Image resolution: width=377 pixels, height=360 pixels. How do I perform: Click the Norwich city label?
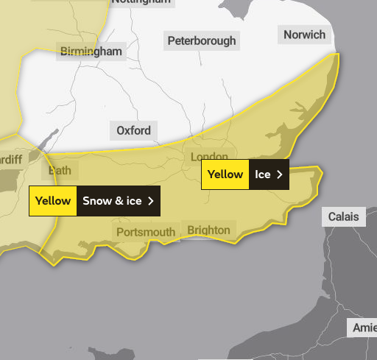pyautogui.click(x=304, y=35)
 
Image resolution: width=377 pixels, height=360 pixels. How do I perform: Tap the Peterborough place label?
pyautogui.click(x=202, y=40)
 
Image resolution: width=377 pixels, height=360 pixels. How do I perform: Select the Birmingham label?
pyautogui.click(x=91, y=52)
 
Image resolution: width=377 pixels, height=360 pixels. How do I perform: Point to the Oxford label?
pyautogui.click(x=133, y=131)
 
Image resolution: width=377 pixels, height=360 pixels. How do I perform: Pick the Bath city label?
pyautogui.click(x=60, y=171)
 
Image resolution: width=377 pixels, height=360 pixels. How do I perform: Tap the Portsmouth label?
pyautogui.click(x=146, y=233)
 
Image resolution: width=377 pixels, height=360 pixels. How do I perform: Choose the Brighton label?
pyautogui.click(x=209, y=230)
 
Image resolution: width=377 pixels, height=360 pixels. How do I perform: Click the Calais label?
pyautogui.click(x=344, y=216)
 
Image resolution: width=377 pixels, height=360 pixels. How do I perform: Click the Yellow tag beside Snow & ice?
pyautogui.click(x=53, y=201)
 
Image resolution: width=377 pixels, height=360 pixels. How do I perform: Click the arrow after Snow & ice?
pyautogui.click(x=151, y=201)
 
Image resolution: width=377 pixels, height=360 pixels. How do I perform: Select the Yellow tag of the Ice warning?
pyautogui.click(x=225, y=174)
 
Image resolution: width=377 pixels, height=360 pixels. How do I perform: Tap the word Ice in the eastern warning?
pyautogui.click(x=263, y=174)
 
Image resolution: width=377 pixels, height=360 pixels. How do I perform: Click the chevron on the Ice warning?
pyautogui.click(x=279, y=174)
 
